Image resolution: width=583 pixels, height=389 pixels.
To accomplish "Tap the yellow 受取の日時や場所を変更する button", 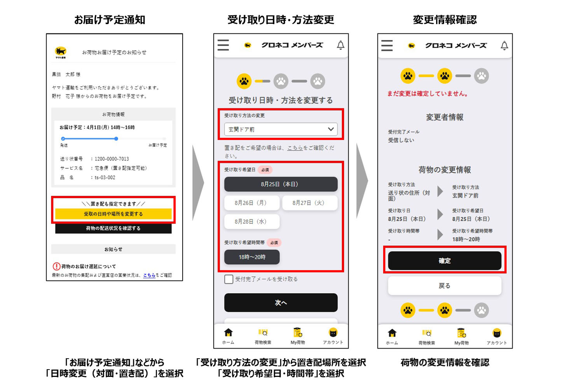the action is (113, 214).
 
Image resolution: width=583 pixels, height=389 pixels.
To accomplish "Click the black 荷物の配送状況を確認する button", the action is (113, 228).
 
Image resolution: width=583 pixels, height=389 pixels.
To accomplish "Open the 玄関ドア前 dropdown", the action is (281, 129).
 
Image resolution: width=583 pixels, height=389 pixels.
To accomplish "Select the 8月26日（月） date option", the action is (252, 203).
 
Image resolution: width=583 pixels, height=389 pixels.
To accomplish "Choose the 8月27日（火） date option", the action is (310, 203).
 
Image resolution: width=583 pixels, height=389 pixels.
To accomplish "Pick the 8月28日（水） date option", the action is (252, 221).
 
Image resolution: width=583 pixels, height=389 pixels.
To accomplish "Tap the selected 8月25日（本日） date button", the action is (281, 184).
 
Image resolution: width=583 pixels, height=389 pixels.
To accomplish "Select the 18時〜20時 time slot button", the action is (252, 257).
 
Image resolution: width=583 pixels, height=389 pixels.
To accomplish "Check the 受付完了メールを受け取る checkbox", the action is (229, 279).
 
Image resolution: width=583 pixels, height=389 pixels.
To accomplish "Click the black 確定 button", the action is (445, 261).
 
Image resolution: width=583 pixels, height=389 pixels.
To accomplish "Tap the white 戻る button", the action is (445, 286).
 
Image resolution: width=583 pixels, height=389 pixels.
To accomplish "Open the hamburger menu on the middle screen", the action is (223, 45).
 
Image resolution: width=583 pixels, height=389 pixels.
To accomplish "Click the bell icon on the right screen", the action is (504, 46).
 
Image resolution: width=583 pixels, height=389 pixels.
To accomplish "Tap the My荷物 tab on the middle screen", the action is (298, 336).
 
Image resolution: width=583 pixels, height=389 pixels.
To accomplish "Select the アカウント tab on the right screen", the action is (497, 336).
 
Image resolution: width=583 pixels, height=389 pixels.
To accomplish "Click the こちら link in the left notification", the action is (149, 275).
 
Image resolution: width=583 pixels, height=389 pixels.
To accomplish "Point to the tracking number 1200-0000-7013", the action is (112, 159).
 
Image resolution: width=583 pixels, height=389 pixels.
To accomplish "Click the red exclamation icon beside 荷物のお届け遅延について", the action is (56, 266).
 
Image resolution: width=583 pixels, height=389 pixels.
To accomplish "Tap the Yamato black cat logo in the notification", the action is (61, 52).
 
